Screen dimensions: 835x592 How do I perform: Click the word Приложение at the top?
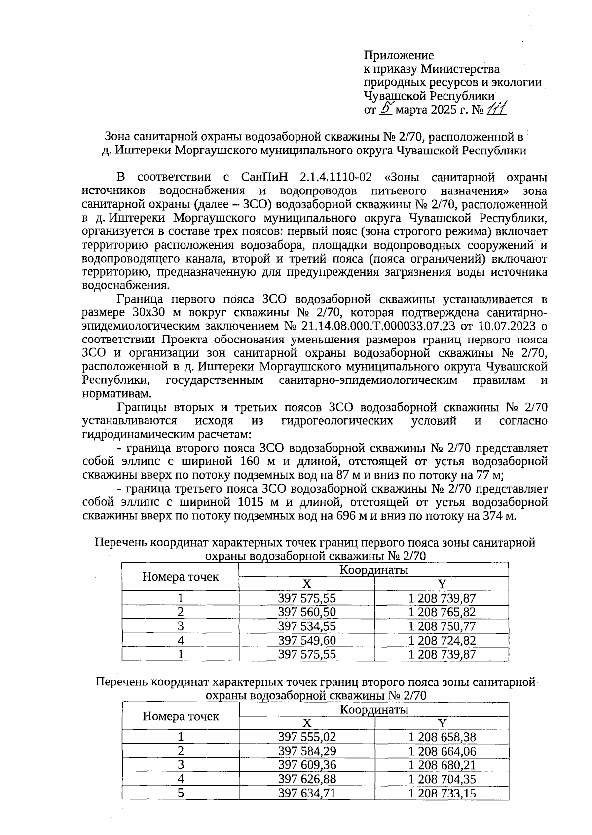coord(399,55)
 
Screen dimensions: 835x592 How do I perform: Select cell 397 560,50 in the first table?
coord(307,612)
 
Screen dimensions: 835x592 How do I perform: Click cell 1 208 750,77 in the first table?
coord(442,626)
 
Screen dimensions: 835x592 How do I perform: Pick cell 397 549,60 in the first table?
coord(307,641)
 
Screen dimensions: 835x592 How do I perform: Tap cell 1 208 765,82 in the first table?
coord(442,612)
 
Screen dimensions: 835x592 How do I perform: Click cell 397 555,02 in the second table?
coord(307,737)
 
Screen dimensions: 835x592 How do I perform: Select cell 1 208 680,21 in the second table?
coord(442,765)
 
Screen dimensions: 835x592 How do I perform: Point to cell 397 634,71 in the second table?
coord(307,794)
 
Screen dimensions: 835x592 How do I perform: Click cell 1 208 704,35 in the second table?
coord(442,779)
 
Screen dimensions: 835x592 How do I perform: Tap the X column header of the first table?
coord(307,584)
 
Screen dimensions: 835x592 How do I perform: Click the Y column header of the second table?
coord(442,723)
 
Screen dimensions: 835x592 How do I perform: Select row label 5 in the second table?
coord(181,794)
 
